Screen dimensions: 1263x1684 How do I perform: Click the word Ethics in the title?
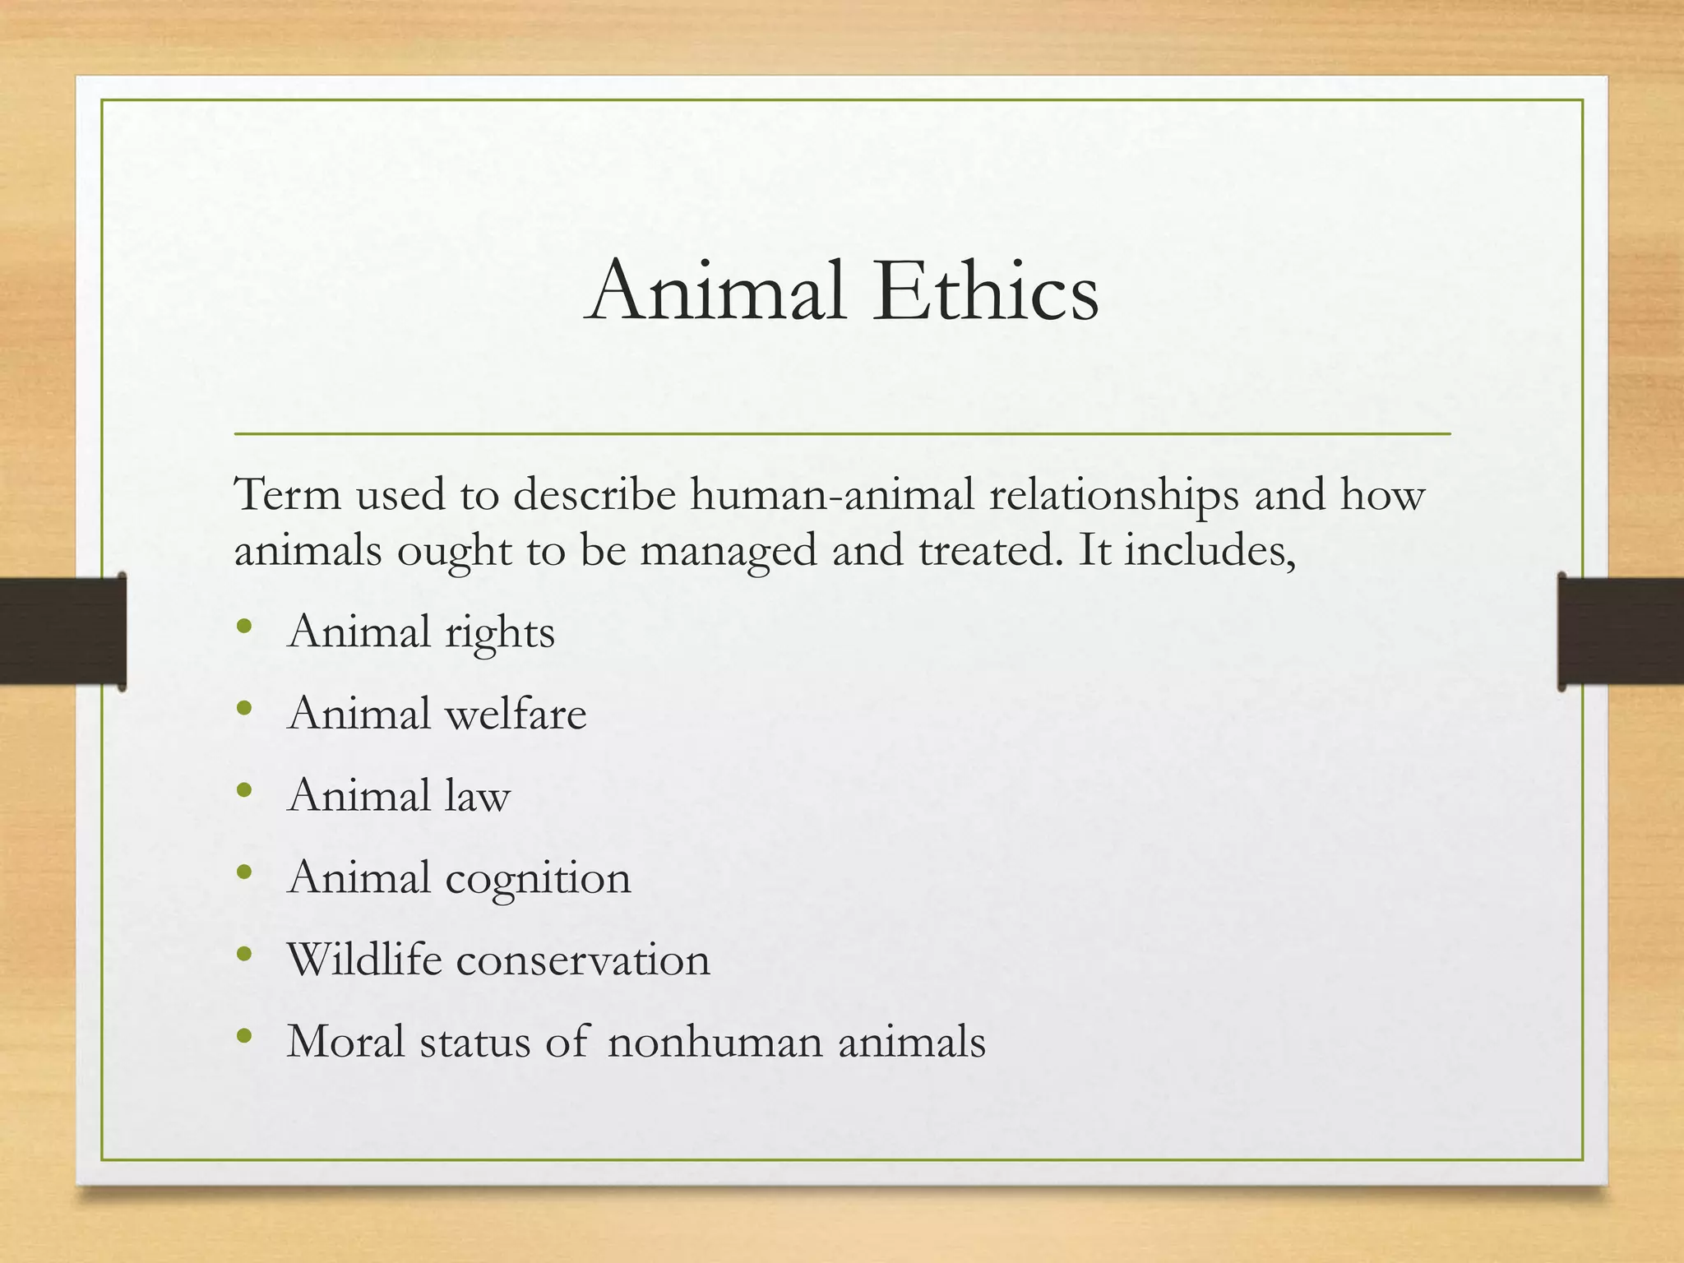[x=985, y=291]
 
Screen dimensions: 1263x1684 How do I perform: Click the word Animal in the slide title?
[x=716, y=291]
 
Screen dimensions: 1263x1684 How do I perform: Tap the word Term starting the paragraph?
[x=288, y=495]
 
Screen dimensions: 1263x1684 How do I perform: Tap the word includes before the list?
[x=1209, y=550]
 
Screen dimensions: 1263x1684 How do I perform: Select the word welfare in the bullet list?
[x=516, y=713]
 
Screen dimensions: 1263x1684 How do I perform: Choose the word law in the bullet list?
[x=478, y=796]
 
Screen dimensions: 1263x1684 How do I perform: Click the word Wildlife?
[x=364, y=959]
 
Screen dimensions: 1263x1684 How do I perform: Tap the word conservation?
[x=583, y=960]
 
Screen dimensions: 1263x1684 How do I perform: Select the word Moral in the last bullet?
[x=346, y=1041]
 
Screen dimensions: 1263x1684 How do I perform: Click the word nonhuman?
[x=715, y=1042]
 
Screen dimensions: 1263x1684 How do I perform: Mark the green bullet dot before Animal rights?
[x=243, y=627]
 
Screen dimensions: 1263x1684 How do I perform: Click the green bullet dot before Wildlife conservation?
[x=243, y=955]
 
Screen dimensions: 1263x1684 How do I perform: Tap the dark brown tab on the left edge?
[x=62, y=631]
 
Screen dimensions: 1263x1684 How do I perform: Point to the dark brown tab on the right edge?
[x=1621, y=631]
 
